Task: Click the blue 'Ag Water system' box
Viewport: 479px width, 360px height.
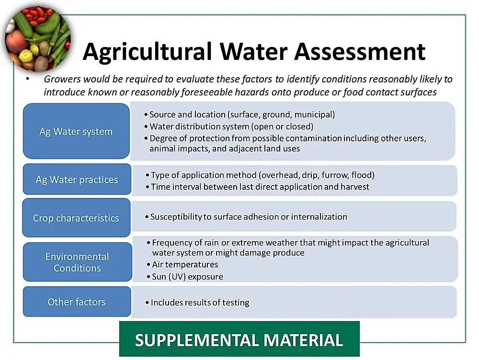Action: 76,131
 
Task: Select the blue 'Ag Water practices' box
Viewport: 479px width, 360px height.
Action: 77,180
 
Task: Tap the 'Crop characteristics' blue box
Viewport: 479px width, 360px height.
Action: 76,218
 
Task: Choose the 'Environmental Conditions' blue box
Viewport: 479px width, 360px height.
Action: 77,262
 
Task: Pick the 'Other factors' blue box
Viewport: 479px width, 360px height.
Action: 77,302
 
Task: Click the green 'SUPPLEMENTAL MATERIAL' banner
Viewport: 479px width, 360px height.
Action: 239,340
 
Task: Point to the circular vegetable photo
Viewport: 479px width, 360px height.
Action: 37,38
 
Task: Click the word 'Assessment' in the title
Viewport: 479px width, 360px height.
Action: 360,51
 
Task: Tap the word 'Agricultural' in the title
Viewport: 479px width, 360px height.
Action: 147,51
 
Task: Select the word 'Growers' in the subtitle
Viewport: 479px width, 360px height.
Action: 61,79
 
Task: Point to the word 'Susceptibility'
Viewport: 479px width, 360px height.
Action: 176,217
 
